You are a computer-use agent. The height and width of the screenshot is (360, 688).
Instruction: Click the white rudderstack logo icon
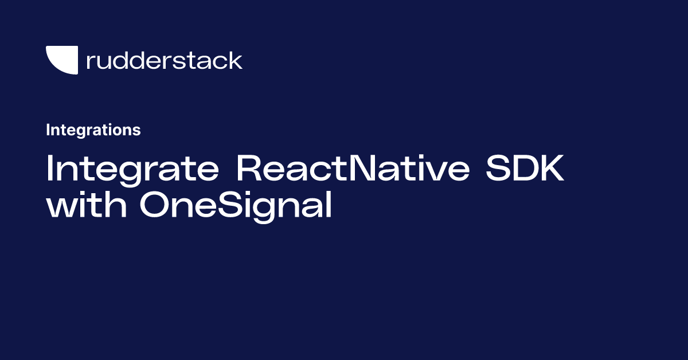click(x=61, y=60)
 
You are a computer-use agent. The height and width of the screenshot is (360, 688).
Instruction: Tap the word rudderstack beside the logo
click(x=164, y=60)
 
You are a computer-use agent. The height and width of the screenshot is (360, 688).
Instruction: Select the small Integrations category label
click(x=93, y=130)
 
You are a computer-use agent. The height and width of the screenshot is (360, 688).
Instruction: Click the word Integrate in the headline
click(x=131, y=169)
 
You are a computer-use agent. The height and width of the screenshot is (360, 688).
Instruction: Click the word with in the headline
click(x=86, y=206)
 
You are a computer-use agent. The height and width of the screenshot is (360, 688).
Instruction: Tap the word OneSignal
click(x=236, y=206)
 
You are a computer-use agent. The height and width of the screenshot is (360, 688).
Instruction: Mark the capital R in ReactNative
click(x=249, y=169)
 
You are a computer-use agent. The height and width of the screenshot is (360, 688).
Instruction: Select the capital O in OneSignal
click(x=155, y=206)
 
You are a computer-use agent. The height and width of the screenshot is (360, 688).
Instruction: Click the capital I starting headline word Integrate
click(x=50, y=169)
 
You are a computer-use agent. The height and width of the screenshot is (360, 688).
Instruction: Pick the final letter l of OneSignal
click(x=329, y=205)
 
